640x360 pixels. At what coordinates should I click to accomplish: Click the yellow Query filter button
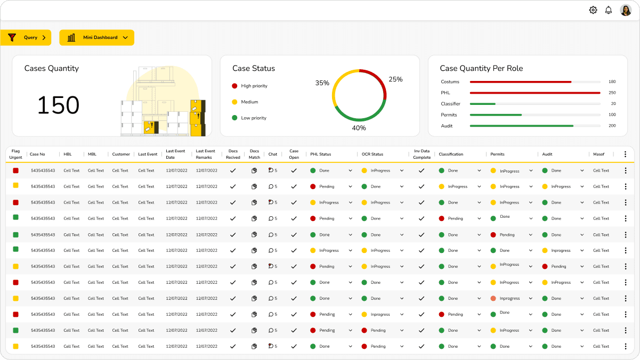point(26,37)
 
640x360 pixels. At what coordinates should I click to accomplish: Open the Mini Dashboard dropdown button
point(96,37)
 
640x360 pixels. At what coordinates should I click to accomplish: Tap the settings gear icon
point(593,10)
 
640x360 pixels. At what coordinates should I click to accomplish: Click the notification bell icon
point(609,10)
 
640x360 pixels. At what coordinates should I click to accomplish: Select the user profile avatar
point(626,10)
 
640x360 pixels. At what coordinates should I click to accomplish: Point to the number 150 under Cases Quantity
point(58,105)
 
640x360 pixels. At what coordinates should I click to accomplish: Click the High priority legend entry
point(250,86)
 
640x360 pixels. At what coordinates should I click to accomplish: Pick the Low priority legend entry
point(249,118)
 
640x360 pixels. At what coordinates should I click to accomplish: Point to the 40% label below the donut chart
point(359,128)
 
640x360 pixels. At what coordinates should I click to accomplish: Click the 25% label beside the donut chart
point(395,79)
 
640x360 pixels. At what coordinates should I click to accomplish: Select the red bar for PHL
point(535,93)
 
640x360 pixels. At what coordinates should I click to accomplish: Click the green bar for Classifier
point(483,104)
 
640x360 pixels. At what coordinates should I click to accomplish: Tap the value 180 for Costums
point(612,81)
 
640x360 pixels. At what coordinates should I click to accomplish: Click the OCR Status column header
point(372,154)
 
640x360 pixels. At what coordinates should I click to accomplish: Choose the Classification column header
point(451,154)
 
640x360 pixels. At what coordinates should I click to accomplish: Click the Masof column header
point(598,154)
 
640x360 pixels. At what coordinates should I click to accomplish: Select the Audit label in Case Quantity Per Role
point(447,126)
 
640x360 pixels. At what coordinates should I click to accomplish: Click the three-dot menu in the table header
point(625,154)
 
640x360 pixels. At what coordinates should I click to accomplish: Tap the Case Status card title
point(254,68)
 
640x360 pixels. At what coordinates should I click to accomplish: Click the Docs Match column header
point(254,154)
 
